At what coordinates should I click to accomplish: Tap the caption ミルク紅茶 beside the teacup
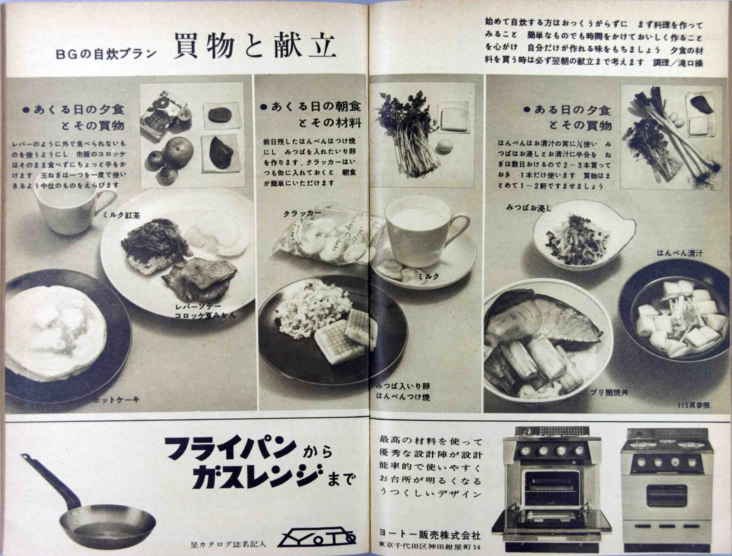121,215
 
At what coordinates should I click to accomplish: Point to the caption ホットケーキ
116,400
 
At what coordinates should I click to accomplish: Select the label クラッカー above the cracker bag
302,213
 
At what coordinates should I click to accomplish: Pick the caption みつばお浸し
529,208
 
